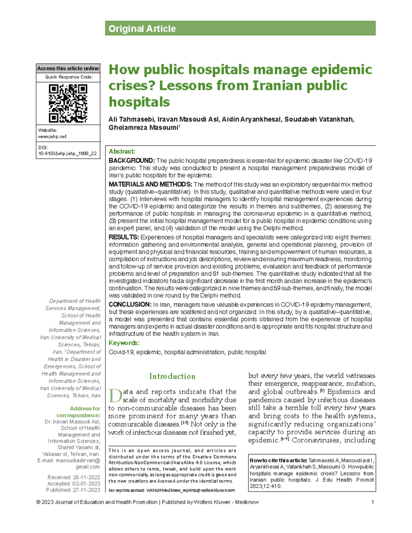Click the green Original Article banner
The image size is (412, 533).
240,28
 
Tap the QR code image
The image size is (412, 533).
68,103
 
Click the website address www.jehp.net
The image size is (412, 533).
52,136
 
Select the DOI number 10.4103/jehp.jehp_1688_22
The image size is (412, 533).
68,153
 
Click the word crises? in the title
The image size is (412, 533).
131,85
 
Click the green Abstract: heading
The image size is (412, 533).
122,151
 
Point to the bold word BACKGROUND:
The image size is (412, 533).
132,161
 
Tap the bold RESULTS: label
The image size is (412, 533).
124,237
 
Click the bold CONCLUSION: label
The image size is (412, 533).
130,304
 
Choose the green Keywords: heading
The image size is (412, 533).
124,343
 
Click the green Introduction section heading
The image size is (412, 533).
172,376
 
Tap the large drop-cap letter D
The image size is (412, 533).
115,396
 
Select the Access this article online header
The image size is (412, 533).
68,68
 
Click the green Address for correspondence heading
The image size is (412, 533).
85,412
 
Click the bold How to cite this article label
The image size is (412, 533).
278,460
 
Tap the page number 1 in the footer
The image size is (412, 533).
373,502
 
